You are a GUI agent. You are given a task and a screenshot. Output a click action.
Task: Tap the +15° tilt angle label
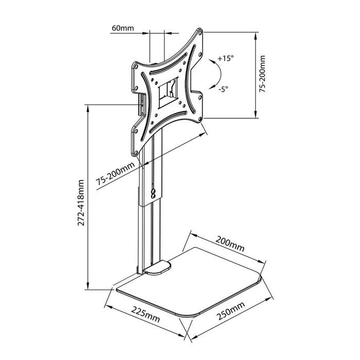[x=225, y=59]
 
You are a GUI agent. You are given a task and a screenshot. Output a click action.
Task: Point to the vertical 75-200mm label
[x=262, y=75]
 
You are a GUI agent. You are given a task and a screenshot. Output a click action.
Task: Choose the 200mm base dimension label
[x=230, y=246]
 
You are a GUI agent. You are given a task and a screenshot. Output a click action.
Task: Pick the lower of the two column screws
[x=153, y=195]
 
